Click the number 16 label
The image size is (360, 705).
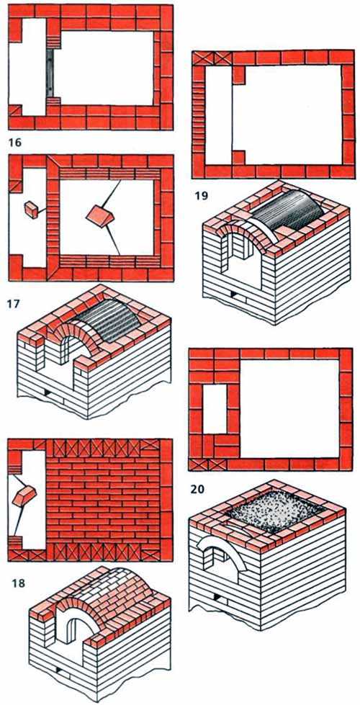coord(15,143)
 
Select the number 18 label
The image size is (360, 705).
coord(18,584)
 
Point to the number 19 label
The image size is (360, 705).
coord(202,196)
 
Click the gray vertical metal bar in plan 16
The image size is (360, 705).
coord(50,73)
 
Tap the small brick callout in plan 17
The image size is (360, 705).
coord(32,209)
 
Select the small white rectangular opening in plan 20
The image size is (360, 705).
coord(215,409)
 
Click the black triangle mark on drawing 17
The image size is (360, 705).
coord(46,392)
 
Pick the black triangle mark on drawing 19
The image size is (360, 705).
coord(233,295)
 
